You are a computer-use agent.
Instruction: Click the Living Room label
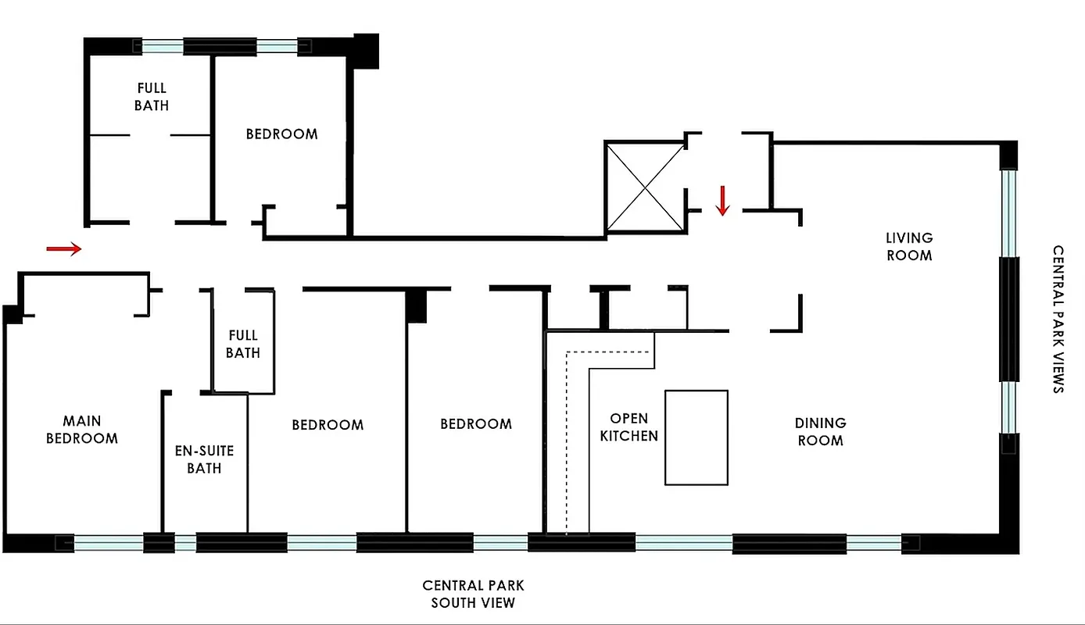[908, 246]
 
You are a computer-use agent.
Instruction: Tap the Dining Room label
[820, 431]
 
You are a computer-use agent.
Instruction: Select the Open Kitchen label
[628, 427]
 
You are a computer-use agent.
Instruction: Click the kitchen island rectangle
[696, 437]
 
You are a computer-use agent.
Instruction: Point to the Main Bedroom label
[82, 430]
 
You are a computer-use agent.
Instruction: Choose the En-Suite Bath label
[204, 459]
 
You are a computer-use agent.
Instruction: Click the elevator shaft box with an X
[644, 187]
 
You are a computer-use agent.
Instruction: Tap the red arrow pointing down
[722, 200]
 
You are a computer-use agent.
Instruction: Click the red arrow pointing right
[63, 248]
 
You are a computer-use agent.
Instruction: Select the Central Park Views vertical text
[1058, 320]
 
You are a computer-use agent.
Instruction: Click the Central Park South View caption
[473, 594]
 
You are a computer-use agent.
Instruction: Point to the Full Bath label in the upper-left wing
[151, 96]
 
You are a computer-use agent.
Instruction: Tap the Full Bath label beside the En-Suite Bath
[242, 344]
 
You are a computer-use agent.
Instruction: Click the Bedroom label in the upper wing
[281, 134]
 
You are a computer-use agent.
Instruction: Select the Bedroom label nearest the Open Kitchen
[475, 424]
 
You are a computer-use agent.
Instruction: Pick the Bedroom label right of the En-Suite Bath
[328, 425]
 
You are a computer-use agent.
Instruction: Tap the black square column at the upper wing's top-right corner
[366, 50]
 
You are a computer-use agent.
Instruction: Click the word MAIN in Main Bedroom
[82, 422]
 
